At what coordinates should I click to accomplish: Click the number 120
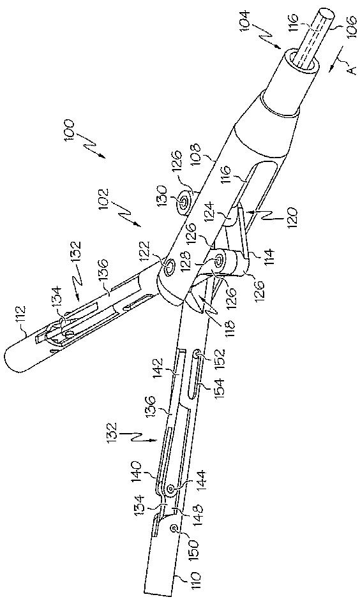point(292,218)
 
